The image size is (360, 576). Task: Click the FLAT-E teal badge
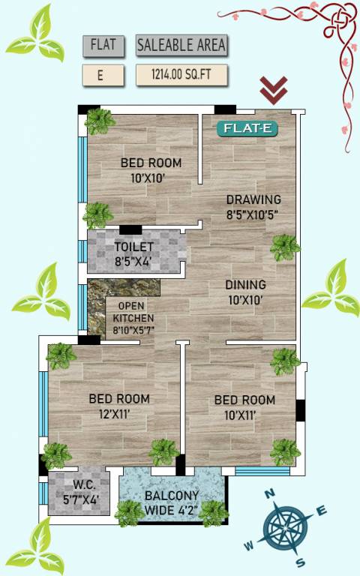[x=247, y=128]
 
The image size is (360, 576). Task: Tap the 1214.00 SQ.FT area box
[x=181, y=75]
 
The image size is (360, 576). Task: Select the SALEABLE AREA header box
[x=181, y=45]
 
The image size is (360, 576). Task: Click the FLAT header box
[x=103, y=45]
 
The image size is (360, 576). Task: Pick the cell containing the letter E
[x=103, y=75]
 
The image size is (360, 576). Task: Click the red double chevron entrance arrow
[x=274, y=90]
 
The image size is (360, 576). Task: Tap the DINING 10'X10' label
[x=245, y=291]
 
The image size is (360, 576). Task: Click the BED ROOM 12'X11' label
[x=118, y=405]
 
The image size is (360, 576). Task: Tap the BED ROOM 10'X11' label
[x=244, y=406]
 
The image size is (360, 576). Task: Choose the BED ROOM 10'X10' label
[x=151, y=170]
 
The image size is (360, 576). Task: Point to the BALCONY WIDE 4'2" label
[x=172, y=502]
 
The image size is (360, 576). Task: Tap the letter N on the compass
[x=273, y=494]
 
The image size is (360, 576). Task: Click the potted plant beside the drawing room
[x=285, y=247]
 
